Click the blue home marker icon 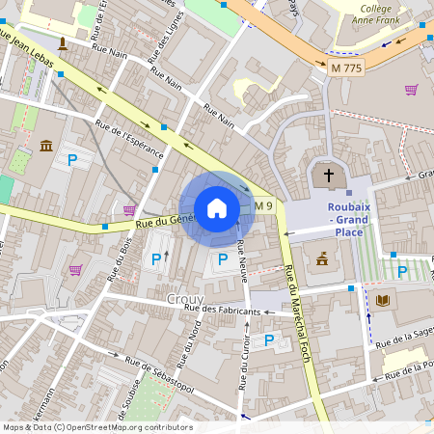(217, 207)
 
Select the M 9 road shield (265, 205)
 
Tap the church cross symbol (329, 176)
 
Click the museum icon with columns (46, 146)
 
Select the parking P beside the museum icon (71, 158)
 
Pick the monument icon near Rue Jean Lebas (63, 42)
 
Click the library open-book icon (383, 300)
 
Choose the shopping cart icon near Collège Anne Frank (412, 90)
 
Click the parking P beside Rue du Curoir (269, 339)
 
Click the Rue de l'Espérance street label (129, 142)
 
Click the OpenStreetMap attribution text (97, 427)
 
